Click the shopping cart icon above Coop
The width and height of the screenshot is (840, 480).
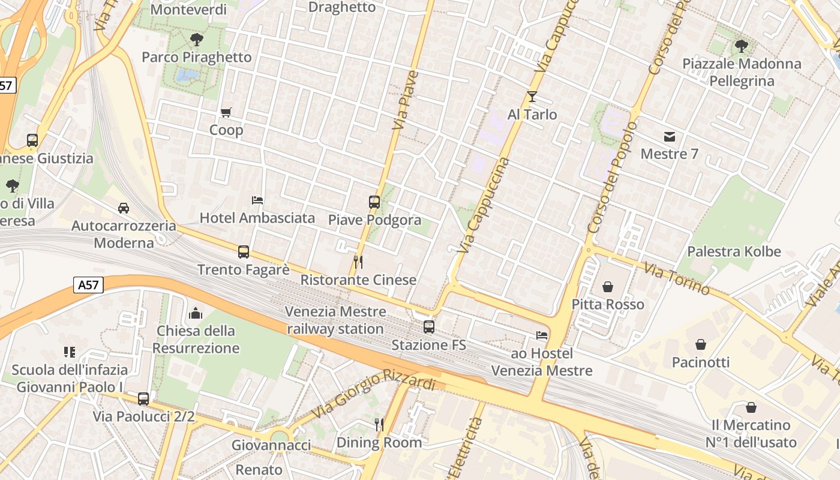click(x=226, y=112)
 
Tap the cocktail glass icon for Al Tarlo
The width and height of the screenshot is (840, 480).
click(x=532, y=96)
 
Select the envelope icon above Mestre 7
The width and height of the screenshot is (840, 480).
click(x=670, y=137)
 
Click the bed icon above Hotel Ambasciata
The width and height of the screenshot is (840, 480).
click(x=257, y=200)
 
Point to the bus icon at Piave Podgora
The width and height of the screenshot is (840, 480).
click(x=374, y=202)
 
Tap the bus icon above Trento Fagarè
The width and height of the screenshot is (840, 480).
click(x=244, y=252)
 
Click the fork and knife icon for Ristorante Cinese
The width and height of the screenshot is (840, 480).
click(x=358, y=262)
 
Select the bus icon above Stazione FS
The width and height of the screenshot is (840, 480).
click(x=429, y=327)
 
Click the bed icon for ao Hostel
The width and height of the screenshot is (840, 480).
click(x=542, y=335)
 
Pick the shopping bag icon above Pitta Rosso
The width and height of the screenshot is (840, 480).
click(x=608, y=287)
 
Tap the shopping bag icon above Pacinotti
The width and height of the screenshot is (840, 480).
click(x=700, y=344)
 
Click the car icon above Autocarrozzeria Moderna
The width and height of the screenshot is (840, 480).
click(x=124, y=208)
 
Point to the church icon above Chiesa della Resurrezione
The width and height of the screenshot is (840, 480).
click(x=196, y=313)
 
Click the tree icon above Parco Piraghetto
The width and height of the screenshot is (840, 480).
click(x=196, y=40)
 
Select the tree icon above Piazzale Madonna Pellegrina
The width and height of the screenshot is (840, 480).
click(x=742, y=46)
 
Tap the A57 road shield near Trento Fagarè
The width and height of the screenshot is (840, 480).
click(x=89, y=284)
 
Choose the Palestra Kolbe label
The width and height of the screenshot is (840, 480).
click(x=734, y=251)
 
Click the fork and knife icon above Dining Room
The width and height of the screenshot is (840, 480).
click(x=379, y=425)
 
